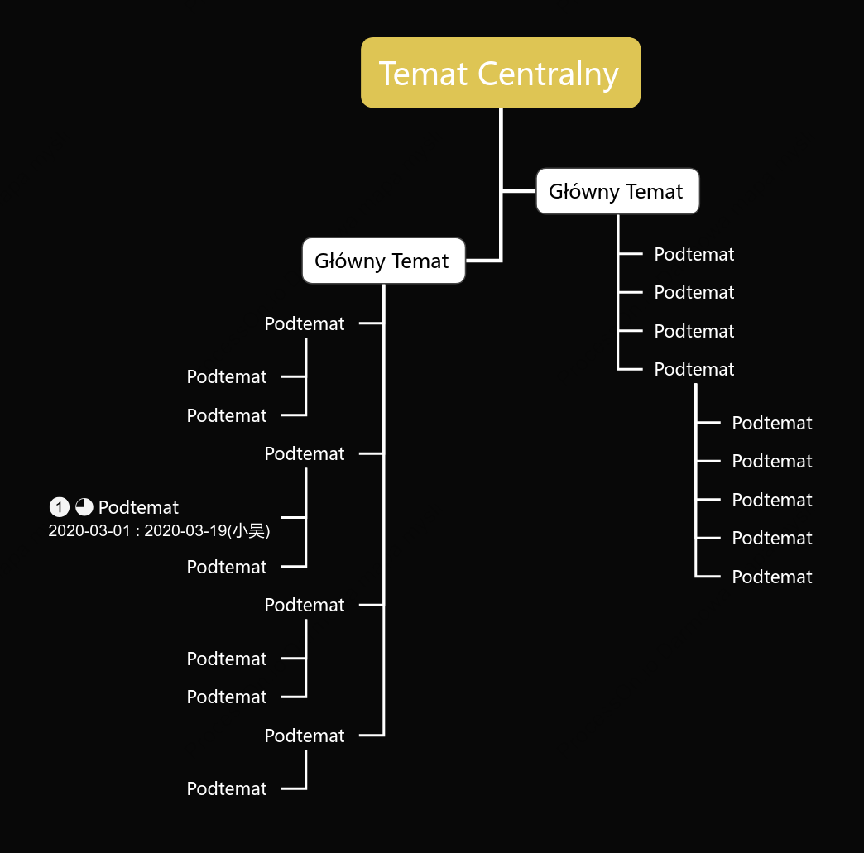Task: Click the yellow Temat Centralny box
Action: click(x=501, y=73)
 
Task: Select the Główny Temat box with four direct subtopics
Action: click(x=617, y=191)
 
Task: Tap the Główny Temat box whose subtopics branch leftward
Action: click(x=383, y=261)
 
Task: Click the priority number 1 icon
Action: click(x=59, y=507)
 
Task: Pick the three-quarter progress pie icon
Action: click(x=84, y=507)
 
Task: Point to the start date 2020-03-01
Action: click(x=89, y=530)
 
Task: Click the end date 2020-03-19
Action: click(x=185, y=530)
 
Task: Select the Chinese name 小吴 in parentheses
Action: click(x=248, y=530)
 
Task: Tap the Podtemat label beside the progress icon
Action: click(x=138, y=507)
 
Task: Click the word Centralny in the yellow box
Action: click(x=548, y=74)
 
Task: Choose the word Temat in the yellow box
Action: click(x=423, y=74)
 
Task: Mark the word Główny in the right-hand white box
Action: click(x=584, y=192)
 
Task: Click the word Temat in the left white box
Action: click(x=420, y=261)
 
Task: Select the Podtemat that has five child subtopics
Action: click(x=694, y=369)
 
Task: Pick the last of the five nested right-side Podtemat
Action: click(x=772, y=577)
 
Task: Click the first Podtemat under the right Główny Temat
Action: click(x=694, y=254)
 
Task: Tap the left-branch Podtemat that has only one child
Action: click(x=305, y=736)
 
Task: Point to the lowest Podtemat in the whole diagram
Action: click(x=227, y=788)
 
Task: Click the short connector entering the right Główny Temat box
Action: click(x=519, y=191)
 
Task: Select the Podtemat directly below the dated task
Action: click(x=227, y=567)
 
